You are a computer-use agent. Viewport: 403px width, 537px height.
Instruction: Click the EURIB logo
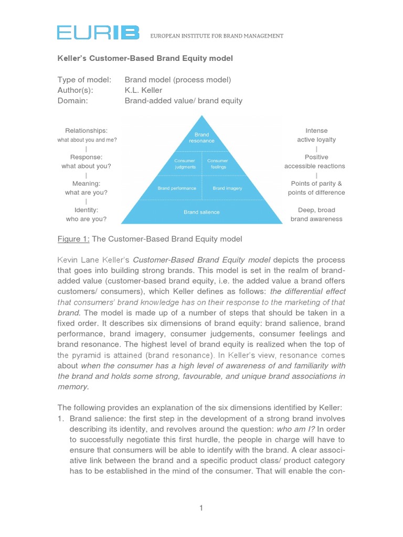coord(98,34)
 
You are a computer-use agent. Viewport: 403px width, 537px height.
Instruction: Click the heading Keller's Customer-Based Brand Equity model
coord(145,58)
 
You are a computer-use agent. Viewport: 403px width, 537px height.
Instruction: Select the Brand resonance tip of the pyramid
coord(201,138)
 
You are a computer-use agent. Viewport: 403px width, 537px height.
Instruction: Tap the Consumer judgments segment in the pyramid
coord(185,164)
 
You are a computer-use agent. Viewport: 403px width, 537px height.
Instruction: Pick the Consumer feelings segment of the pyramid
coord(217,164)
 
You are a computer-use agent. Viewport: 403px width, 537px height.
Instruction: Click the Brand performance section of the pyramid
coord(177,188)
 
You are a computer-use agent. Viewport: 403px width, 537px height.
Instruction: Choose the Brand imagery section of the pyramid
coord(227,188)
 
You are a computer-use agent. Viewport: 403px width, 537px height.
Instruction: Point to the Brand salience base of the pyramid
coord(201,212)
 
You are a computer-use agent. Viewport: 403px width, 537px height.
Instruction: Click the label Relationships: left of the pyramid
coord(86,131)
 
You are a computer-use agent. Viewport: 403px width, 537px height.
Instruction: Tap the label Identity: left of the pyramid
coord(86,210)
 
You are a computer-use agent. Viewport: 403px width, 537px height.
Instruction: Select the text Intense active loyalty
coord(316,135)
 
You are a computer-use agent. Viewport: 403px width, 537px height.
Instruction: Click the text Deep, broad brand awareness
coord(316,214)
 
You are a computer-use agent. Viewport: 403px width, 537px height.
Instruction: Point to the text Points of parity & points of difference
coord(316,188)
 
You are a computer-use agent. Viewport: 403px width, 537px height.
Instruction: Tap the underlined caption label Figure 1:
coord(73,239)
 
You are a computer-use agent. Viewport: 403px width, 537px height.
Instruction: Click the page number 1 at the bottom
coord(201,508)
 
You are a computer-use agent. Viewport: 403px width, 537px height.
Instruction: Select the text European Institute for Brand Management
coord(217,36)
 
